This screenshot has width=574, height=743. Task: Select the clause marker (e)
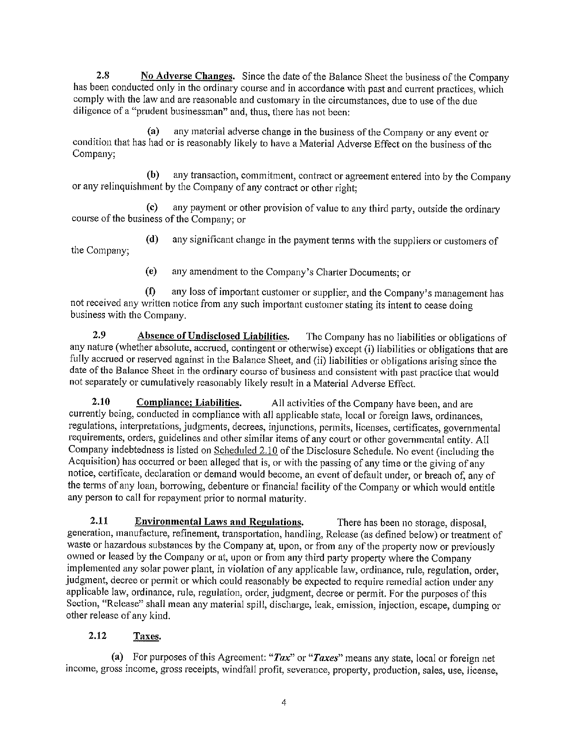coord(152,272)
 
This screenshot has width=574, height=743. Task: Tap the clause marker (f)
coord(150,293)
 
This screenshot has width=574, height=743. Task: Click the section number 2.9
coord(99,336)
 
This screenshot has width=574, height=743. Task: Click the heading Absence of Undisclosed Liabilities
coord(213,336)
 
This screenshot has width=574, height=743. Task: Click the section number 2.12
coord(98,636)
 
